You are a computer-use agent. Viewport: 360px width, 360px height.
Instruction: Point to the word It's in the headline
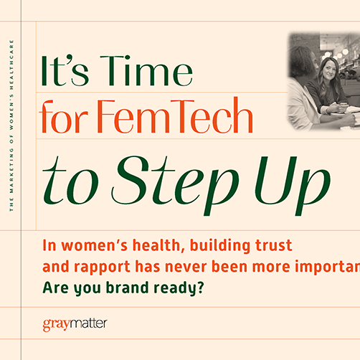click(x=67, y=72)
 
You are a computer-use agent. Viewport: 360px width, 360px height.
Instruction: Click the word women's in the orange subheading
click(x=91, y=246)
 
